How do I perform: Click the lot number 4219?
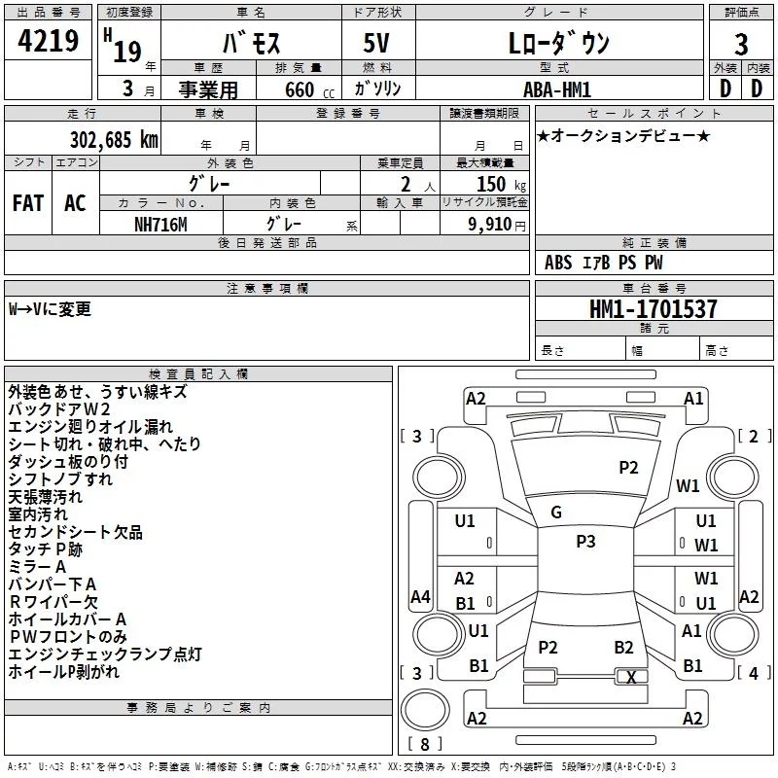(48, 41)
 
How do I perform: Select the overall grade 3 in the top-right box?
(741, 45)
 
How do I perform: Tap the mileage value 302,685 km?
(114, 140)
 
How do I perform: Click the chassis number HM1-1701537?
(653, 309)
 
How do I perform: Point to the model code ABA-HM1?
(557, 89)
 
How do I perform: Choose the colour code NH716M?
(160, 225)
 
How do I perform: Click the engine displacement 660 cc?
(309, 89)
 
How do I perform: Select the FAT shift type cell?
(28, 203)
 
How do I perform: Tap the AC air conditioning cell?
(75, 203)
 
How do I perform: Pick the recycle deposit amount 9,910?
(490, 225)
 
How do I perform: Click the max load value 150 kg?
(501, 184)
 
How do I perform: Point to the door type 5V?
(376, 43)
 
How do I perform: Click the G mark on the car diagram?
(556, 513)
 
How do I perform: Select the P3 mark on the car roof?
(585, 541)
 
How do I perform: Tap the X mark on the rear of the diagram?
(631, 677)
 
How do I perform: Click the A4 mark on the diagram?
(420, 596)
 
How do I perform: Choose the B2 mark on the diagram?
(623, 647)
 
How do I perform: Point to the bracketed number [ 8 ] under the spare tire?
(425, 744)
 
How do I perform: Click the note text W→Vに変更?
(51, 309)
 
